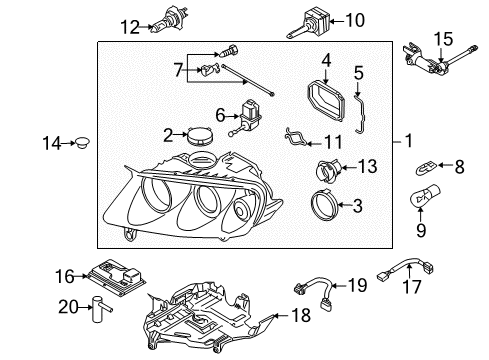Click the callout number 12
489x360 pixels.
pos(130,27)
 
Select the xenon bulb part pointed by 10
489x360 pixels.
pos(308,24)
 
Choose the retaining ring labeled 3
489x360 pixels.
pos(323,206)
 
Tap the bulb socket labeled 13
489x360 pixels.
pos(328,170)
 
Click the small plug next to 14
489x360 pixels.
pos(82,143)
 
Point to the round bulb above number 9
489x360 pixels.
pos(425,196)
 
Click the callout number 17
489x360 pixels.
pos(412,286)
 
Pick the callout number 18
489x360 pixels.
pos(301,315)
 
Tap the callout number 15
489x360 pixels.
pos(443,39)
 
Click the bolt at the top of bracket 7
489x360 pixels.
pos(230,51)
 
